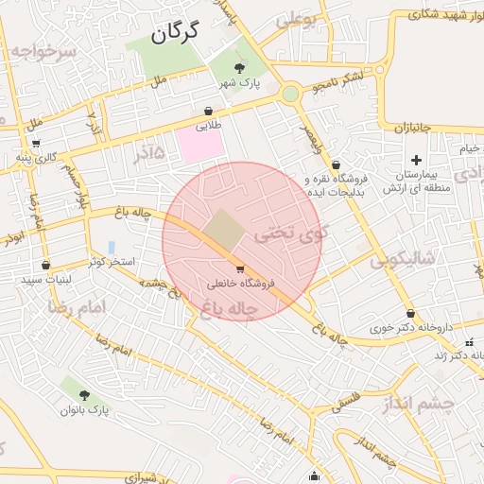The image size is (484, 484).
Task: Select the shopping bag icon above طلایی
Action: [208, 111]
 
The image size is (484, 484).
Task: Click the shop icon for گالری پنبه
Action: [36, 144]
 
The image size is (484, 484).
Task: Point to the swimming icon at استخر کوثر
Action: [112, 248]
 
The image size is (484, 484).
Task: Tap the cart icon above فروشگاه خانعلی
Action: [240, 269]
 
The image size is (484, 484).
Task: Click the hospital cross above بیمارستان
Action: [416, 160]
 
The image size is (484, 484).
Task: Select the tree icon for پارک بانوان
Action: [85, 395]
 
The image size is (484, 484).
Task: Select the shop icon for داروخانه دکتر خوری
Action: [410, 313]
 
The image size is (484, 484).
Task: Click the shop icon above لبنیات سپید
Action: [45, 267]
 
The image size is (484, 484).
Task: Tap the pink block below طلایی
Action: [200, 145]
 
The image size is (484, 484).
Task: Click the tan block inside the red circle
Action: [224, 229]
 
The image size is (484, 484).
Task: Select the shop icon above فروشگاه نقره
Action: [336, 165]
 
